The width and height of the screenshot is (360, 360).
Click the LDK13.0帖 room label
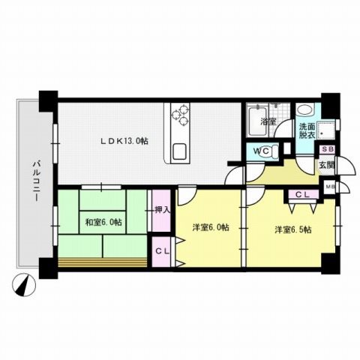pyautogui.click(x=125, y=139)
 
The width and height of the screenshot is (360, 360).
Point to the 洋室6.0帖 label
pyautogui.click(x=210, y=226)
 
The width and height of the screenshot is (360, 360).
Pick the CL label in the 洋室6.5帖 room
pyautogui.click(x=303, y=194)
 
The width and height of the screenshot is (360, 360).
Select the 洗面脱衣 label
pyautogui.click(x=307, y=130)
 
